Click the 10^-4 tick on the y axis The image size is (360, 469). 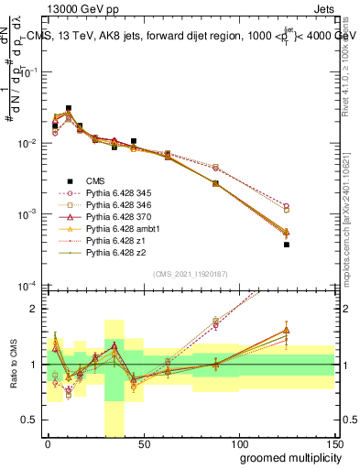[27, 287]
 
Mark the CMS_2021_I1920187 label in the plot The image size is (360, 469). [190, 274]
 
